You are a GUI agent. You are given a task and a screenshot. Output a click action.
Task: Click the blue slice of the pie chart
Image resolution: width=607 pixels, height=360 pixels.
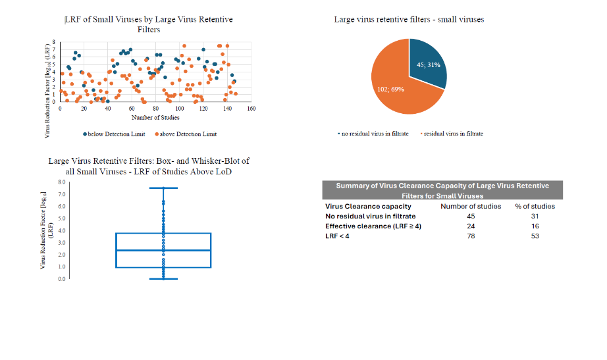click(428, 63)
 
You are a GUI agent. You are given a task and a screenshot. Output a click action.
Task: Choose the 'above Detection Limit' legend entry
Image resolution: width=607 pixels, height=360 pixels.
click(186, 134)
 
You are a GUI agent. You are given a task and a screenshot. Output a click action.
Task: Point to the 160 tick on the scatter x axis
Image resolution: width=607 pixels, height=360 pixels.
click(251, 109)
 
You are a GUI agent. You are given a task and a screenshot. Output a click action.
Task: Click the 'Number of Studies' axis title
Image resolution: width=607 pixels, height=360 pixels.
click(155, 117)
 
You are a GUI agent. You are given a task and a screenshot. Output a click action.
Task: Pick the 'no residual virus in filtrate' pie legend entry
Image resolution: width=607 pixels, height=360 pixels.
click(372, 134)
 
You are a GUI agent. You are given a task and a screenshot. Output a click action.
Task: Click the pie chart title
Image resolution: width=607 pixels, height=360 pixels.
click(409, 20)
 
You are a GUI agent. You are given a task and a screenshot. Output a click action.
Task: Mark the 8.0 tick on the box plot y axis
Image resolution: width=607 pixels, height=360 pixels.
click(61, 182)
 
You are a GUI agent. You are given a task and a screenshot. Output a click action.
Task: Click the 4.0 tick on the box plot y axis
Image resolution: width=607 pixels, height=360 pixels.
click(61, 230)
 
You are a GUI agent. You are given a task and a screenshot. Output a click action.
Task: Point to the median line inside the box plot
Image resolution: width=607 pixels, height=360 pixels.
click(163, 250)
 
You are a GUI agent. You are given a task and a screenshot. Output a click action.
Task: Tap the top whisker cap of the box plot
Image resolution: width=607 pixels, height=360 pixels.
click(163, 188)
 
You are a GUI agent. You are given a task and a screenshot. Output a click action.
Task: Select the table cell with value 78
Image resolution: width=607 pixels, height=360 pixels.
click(470, 236)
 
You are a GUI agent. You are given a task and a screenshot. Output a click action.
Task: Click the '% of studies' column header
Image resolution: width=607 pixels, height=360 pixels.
click(535, 206)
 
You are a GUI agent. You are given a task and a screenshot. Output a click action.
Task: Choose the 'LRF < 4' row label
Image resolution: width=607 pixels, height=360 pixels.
click(338, 236)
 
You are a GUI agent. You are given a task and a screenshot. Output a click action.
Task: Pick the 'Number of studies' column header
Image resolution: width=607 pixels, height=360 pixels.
click(470, 206)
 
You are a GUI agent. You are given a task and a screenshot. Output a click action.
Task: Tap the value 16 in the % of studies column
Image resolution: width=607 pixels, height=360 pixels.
click(535, 226)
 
